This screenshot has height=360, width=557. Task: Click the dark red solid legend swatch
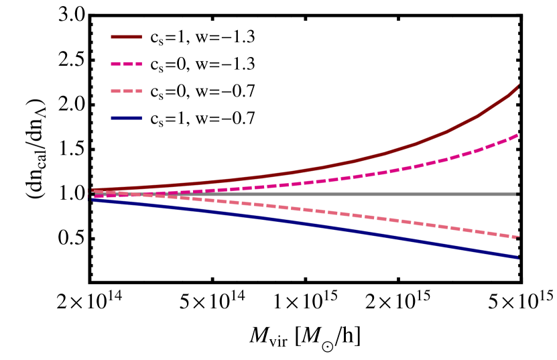pos(126,37)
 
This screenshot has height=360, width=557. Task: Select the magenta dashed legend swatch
pos(126,64)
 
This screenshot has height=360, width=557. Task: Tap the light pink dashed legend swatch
pos(126,91)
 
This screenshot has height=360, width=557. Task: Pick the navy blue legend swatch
pos(126,118)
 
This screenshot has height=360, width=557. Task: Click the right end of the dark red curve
pos(518,86)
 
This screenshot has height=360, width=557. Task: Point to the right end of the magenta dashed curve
pos(517,135)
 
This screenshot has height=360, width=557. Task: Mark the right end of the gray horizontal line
pos(515,194)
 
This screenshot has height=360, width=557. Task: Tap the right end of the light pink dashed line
pos(518,237)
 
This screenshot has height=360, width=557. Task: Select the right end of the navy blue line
pos(518,257)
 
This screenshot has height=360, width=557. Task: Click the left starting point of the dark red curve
pos(93,190)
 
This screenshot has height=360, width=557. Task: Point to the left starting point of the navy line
pos(93,199)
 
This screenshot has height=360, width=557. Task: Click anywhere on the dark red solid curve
pos(335,164)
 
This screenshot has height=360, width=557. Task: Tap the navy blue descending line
pos(335,228)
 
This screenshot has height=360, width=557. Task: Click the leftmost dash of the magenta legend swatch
pos(115,64)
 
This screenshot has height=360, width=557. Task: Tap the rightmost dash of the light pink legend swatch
pos(138,91)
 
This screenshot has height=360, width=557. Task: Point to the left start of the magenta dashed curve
pos(95,196)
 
